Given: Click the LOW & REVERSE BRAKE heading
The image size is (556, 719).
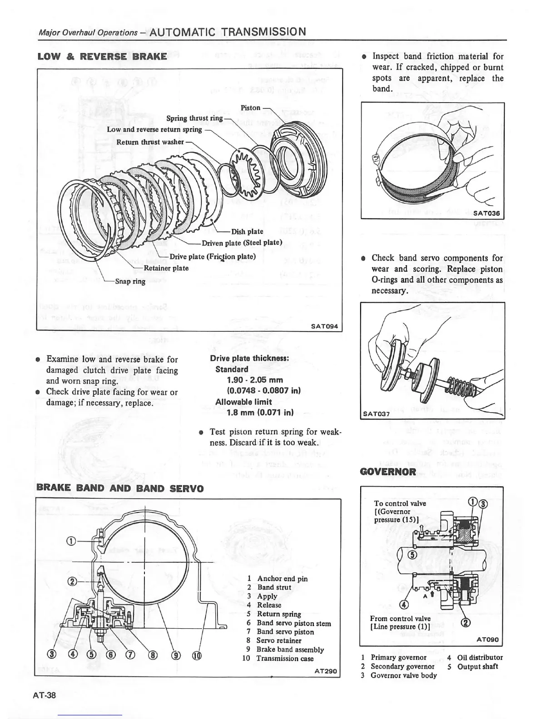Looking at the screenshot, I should coord(102,56).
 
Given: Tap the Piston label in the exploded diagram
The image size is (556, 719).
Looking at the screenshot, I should coord(250,108).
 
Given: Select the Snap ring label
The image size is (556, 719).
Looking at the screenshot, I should coord(130,281).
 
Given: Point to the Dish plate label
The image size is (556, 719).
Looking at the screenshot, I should coord(247,231).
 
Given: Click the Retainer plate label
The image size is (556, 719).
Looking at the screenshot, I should coord(166,268).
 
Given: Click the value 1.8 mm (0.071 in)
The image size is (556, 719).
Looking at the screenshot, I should coord(260,413).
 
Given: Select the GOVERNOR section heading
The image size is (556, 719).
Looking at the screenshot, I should coord(387,472).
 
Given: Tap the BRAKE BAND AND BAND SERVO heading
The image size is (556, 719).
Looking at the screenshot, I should coord(120,488).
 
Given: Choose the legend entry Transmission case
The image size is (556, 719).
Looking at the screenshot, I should coord(285,658).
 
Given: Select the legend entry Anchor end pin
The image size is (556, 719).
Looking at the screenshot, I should coord(282,578).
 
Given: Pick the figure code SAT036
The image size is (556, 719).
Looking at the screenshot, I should coord(486,213).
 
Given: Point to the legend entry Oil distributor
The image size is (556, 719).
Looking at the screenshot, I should coord(480,657).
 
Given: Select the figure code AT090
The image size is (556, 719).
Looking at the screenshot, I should coord(487,640).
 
